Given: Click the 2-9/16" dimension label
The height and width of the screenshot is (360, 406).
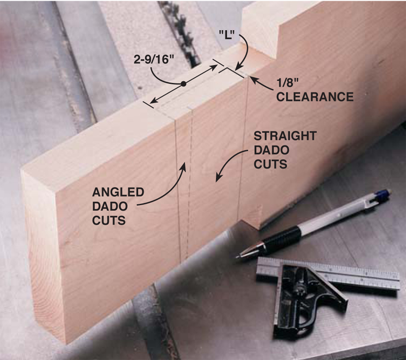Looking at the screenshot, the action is pyautogui.click(x=153, y=59).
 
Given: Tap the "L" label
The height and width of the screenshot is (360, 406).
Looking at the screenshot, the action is pyautogui.click(x=226, y=35).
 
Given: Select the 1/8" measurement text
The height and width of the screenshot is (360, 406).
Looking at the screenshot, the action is pyautogui.click(x=288, y=83).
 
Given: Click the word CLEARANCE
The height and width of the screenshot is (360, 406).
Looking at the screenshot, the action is pyautogui.click(x=315, y=97).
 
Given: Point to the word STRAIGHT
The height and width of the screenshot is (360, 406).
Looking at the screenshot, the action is pyautogui.click(x=285, y=136).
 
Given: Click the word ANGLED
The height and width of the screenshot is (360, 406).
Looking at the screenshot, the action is pyautogui.click(x=118, y=192).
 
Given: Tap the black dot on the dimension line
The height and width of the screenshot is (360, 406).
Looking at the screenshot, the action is pyautogui.click(x=184, y=84).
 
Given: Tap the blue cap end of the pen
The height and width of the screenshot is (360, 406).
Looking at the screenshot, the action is pyautogui.click(x=384, y=194).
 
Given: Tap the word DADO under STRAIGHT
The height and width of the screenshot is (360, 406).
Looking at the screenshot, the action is pyautogui.click(x=272, y=150).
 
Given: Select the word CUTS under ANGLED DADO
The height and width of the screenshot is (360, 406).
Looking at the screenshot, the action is pyautogui.click(x=109, y=221).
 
